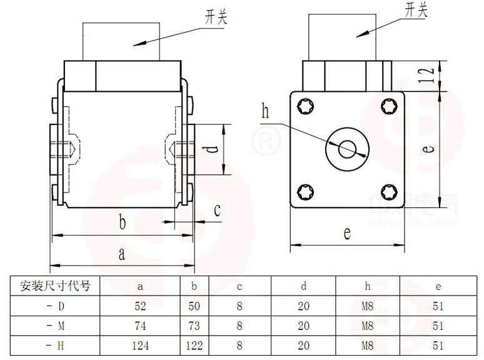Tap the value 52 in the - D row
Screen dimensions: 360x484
tap(139, 306)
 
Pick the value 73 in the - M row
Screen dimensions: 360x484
tap(194, 326)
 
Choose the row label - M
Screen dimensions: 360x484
tap(56, 326)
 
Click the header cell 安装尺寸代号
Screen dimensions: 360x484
tap(56, 287)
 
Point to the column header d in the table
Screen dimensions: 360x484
tap(304, 287)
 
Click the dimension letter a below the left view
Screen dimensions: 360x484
tap(123, 254)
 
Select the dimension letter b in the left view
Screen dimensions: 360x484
tap(123, 222)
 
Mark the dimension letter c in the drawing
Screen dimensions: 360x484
tap(217, 210)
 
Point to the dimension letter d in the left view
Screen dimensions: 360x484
tap(213, 150)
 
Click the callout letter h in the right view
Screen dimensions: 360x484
tap(265, 112)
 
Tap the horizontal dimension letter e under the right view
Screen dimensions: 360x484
tap(347, 233)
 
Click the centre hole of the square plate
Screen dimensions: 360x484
tap(346, 149)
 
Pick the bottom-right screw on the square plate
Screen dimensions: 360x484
tap(388, 192)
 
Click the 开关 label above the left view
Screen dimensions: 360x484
tap(216, 17)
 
